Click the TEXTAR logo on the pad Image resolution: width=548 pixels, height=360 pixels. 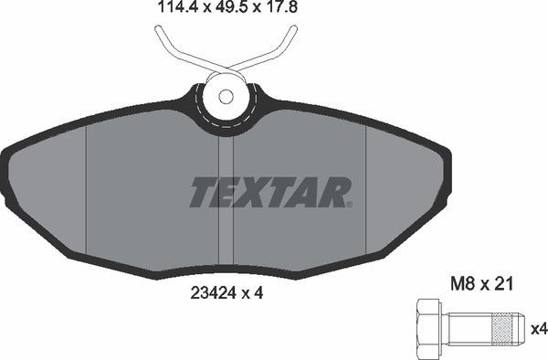pos(270,192)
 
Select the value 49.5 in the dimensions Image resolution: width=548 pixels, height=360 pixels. pos(227,10)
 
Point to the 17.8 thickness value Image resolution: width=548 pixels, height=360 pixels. pos(279,10)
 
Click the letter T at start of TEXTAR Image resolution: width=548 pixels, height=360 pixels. pos(203,192)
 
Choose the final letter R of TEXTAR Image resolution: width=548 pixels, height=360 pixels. pos(337,192)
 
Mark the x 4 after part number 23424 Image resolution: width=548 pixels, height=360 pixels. pos(259,293)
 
